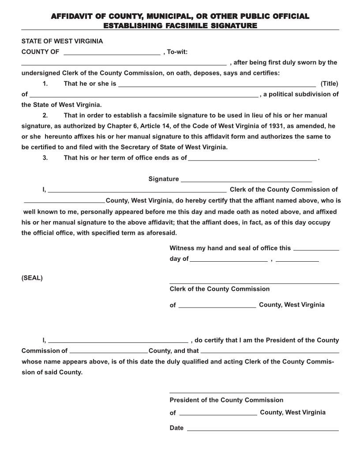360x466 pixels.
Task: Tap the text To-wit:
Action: pyautogui.click(x=177, y=52)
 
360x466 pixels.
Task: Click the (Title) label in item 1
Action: pyautogui.click(x=329, y=83)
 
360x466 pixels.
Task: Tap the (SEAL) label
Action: pyautogui.click(x=32, y=278)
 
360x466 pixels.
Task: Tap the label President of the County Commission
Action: pyautogui.click(x=226, y=400)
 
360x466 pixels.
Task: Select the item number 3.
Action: pyautogui.click(x=45, y=158)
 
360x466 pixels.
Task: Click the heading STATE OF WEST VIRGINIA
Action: pyautogui.click(x=62, y=41)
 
